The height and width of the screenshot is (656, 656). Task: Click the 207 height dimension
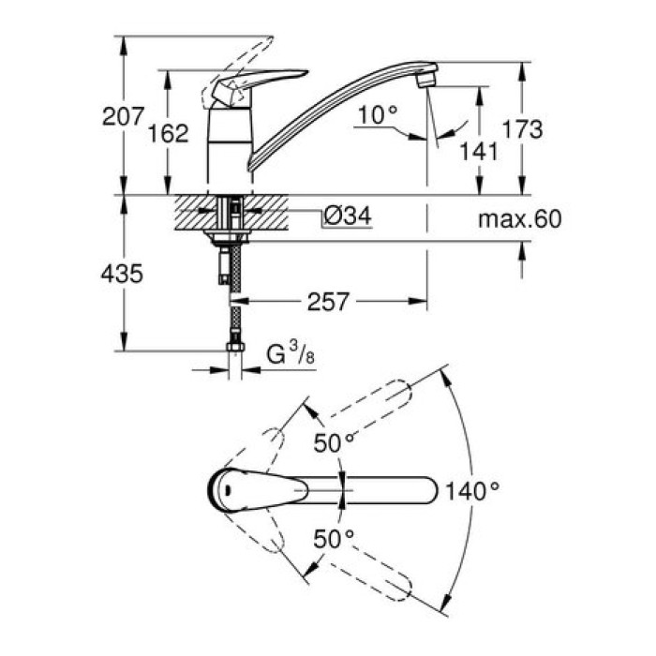click(123, 116)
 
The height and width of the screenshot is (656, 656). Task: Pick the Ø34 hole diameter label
click(346, 216)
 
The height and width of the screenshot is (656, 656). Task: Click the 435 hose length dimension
click(123, 274)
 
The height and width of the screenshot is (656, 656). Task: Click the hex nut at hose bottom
click(235, 350)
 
